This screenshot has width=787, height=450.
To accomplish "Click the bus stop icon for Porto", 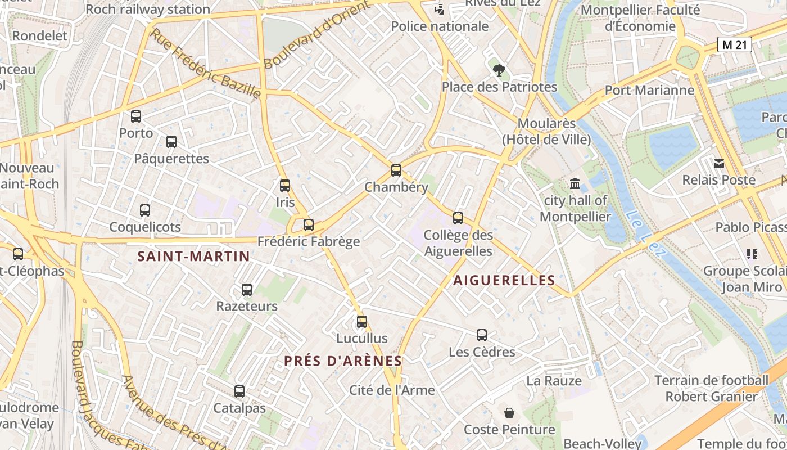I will (136, 116).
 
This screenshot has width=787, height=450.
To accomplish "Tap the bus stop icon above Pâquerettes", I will (171, 142).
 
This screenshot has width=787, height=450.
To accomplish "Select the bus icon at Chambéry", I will (396, 170).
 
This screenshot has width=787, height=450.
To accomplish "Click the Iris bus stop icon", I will (285, 185).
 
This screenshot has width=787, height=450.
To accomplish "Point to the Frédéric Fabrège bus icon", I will (308, 225).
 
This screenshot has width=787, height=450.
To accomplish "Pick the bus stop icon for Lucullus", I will (362, 322).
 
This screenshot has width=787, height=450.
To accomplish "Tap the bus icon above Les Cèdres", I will (482, 335).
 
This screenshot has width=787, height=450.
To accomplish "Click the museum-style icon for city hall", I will (575, 183).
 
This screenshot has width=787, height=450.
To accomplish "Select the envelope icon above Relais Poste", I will (718, 164).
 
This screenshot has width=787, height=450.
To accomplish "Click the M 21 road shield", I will (735, 45).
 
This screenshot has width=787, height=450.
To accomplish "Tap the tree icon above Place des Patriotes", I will (499, 70).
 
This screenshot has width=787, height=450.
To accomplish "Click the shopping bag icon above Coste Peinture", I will (509, 413).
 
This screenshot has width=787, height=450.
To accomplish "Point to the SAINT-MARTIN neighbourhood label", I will (194, 256).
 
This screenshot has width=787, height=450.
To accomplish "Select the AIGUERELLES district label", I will (504, 280).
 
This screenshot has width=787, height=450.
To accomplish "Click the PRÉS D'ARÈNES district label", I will (343, 361).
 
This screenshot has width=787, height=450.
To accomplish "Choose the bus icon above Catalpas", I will (239, 391).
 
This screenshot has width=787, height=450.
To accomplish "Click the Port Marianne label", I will (649, 90).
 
